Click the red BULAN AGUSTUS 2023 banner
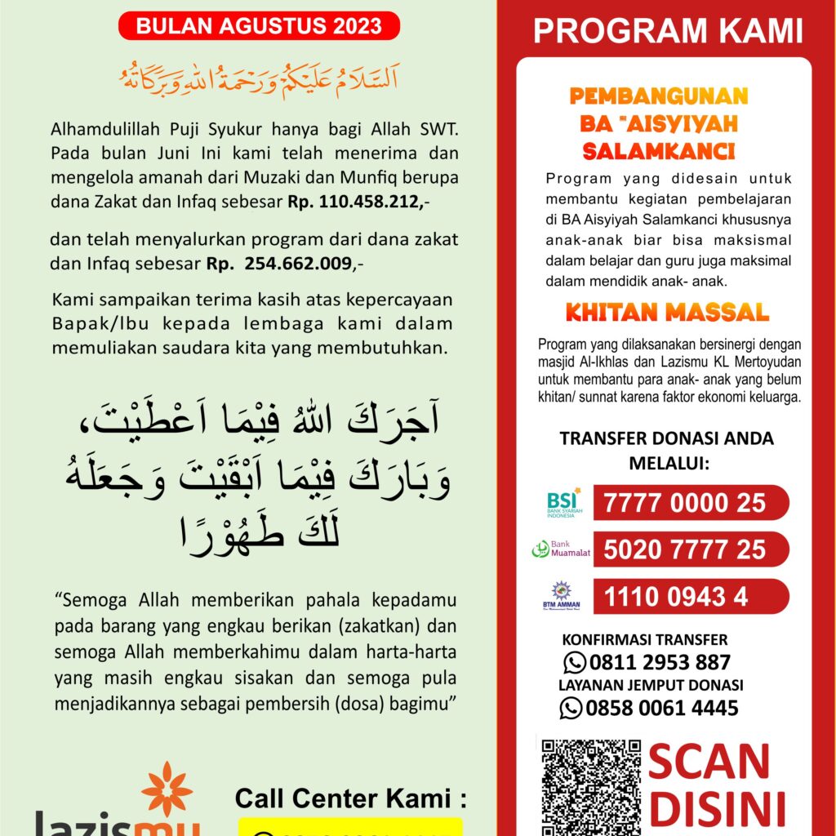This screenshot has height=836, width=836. [x=259, y=26]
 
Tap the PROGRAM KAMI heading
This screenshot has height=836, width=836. [x=668, y=31]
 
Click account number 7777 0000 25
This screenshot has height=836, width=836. [x=684, y=502]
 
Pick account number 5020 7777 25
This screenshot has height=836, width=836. [x=684, y=549]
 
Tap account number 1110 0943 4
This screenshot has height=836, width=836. [x=676, y=597]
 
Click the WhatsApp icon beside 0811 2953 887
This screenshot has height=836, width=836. [x=575, y=662]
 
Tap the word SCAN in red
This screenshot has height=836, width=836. [x=709, y=762]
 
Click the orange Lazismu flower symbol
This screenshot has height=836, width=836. [x=167, y=788]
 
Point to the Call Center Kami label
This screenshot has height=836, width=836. [x=350, y=798]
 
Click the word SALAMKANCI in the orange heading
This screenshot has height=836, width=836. [x=659, y=152]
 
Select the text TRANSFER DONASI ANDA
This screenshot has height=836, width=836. [x=666, y=438]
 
